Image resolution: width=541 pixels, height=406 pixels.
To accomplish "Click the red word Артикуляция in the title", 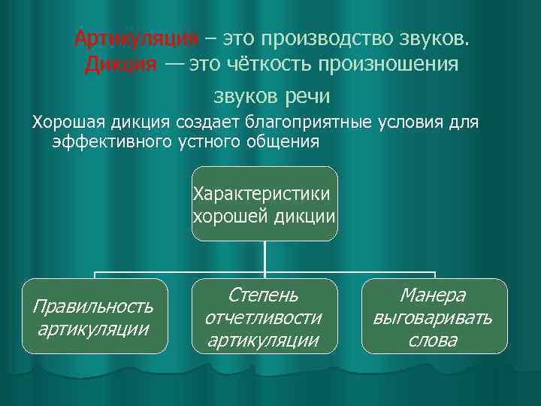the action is click(x=137, y=38).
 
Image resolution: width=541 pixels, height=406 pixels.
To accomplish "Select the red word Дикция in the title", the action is click(x=120, y=64).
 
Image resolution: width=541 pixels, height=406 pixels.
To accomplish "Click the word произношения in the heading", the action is click(x=390, y=64).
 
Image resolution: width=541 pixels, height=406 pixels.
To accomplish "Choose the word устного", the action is click(x=207, y=141).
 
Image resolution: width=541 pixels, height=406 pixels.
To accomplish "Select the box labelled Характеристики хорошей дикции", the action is click(x=264, y=204).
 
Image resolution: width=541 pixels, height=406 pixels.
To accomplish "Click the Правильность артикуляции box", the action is click(x=94, y=317).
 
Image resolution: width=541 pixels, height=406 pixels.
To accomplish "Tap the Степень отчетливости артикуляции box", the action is click(x=263, y=317).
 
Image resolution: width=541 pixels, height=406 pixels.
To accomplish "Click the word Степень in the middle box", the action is click(x=263, y=294).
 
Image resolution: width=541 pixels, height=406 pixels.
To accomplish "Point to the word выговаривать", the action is click(x=433, y=317).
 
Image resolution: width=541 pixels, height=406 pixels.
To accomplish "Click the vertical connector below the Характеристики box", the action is click(x=264, y=256).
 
